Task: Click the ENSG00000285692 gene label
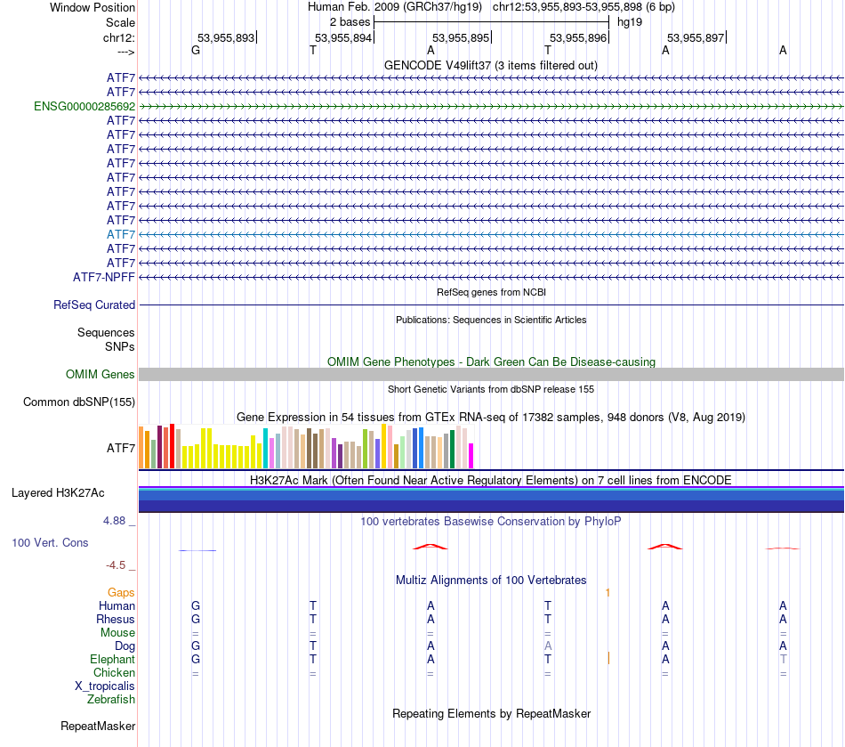(x=84, y=106)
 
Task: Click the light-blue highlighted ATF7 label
(x=120, y=234)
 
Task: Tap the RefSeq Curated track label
(x=94, y=304)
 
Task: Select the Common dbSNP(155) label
(x=79, y=402)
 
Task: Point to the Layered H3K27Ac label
(x=58, y=492)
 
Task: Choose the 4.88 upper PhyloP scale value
(x=117, y=521)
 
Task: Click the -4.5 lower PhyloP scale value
(x=120, y=564)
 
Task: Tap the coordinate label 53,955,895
(x=461, y=37)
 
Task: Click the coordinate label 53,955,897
(x=696, y=37)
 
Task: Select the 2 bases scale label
(x=350, y=21)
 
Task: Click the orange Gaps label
(x=121, y=592)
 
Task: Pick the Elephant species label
(x=112, y=660)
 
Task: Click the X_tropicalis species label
(x=105, y=686)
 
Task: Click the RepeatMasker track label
(x=98, y=727)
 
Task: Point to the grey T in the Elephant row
(x=783, y=660)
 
